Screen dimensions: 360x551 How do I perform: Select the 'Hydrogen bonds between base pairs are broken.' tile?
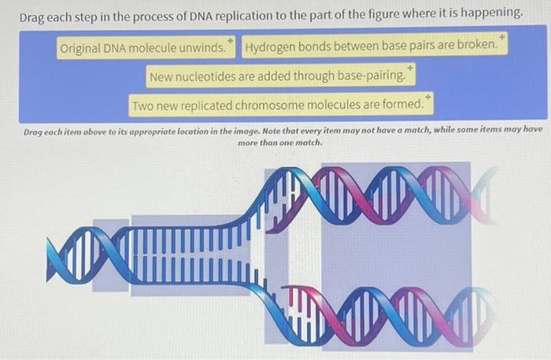373,46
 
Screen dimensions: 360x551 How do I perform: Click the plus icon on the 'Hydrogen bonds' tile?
503,37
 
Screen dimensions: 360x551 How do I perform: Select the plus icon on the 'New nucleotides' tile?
410,69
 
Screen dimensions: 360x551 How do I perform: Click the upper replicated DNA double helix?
386,193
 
